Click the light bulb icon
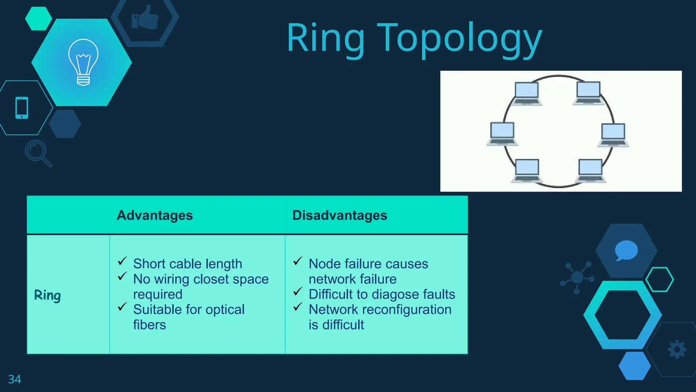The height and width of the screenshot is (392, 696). click(83, 62)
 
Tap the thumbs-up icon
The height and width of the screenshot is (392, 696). click(145, 18)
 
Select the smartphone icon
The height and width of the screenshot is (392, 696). click(22, 108)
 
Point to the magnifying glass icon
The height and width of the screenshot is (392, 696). click(38, 153)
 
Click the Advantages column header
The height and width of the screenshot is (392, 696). click(155, 215)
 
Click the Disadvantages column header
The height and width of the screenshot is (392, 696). click(340, 215)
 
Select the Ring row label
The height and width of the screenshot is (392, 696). click(48, 295)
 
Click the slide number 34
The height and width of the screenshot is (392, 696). click(15, 379)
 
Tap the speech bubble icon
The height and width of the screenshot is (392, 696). click(626, 250)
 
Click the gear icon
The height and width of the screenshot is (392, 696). click(677, 349)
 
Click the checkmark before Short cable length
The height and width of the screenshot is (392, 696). click(122, 261)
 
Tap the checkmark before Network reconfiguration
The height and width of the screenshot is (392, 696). click(298, 307)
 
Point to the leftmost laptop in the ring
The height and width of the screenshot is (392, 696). click(502, 134)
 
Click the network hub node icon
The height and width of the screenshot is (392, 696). click(577, 277)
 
